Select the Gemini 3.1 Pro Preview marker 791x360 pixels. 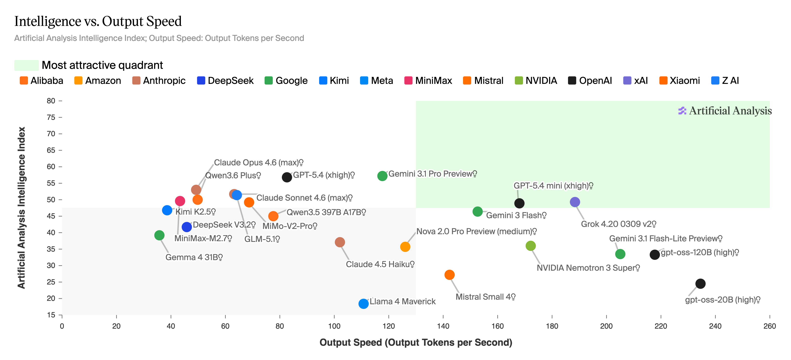(382, 176)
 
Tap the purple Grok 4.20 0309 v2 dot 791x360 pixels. (574, 202)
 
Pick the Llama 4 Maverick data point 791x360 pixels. (363, 304)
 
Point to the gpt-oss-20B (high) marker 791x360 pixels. (700, 284)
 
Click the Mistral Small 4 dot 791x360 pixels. (449, 275)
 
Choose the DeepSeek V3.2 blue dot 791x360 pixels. (187, 227)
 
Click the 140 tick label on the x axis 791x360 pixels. (443, 326)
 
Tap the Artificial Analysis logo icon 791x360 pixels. (682, 111)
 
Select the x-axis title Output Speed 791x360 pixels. (415, 342)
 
